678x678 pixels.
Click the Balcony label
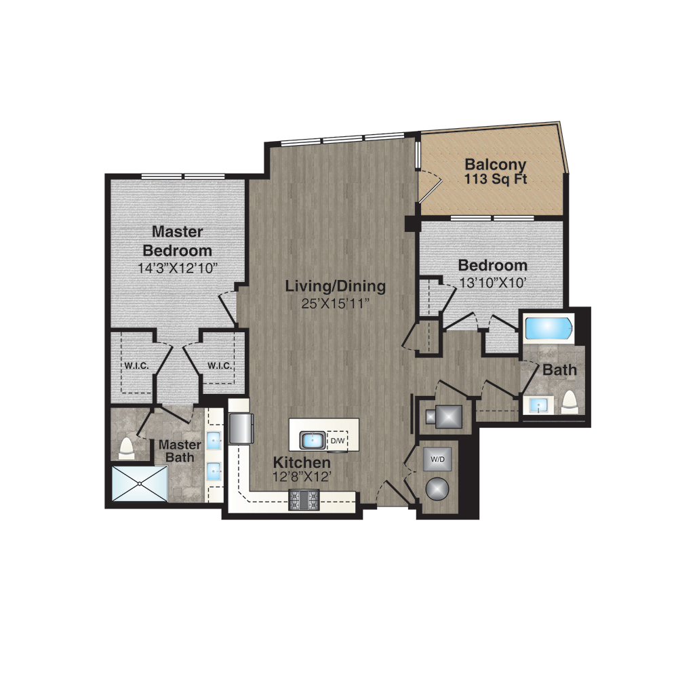(495, 165)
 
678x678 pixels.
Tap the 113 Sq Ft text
(496, 179)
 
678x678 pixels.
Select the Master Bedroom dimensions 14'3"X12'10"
(177, 268)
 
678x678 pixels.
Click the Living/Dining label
(336, 286)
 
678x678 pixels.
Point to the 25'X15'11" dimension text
(336, 304)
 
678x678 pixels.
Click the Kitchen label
(302, 462)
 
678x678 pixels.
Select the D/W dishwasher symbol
(337, 441)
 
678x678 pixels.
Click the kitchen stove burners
(304, 500)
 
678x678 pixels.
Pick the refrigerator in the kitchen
(241, 428)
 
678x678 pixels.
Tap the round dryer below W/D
(437, 490)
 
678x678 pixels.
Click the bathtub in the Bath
(548, 330)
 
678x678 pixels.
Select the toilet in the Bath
(570, 401)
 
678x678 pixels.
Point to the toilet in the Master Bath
(127, 448)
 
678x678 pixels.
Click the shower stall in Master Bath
(140, 483)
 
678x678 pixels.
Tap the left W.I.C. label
(137, 366)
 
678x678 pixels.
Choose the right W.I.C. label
(220, 366)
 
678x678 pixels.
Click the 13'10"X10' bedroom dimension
(492, 283)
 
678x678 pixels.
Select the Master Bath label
(180, 451)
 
